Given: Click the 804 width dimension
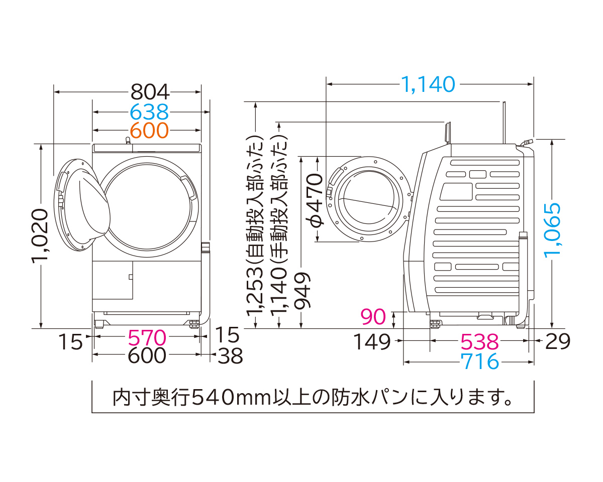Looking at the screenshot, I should [x=149, y=92].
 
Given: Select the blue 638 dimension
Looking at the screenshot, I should [x=149, y=111].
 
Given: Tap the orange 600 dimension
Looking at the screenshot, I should [x=149, y=131].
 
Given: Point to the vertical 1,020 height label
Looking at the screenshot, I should [x=40, y=235].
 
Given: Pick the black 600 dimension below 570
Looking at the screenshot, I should [x=147, y=356].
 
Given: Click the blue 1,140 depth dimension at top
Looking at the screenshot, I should [x=428, y=84].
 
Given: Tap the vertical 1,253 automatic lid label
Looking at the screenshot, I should [x=256, y=226].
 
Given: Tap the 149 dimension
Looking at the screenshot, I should [x=372, y=342].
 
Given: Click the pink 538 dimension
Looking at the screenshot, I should [x=480, y=342].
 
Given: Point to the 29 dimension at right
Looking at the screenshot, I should [x=558, y=342].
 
